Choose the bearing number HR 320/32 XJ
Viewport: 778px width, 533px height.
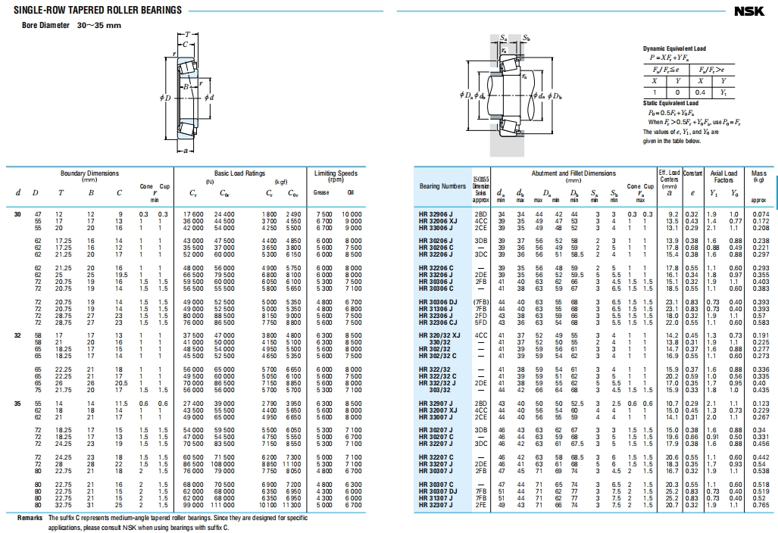439,334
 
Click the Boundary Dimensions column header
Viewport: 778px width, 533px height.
89,173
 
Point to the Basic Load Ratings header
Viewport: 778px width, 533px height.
239,173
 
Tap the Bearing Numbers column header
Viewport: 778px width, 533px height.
442,186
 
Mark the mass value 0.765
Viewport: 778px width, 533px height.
760,505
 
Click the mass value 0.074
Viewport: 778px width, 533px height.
760,215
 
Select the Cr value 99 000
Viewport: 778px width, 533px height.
195,505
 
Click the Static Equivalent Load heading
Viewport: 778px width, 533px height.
671,103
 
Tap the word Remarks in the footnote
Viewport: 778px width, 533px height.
30,518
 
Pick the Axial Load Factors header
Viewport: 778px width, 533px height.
723,176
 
